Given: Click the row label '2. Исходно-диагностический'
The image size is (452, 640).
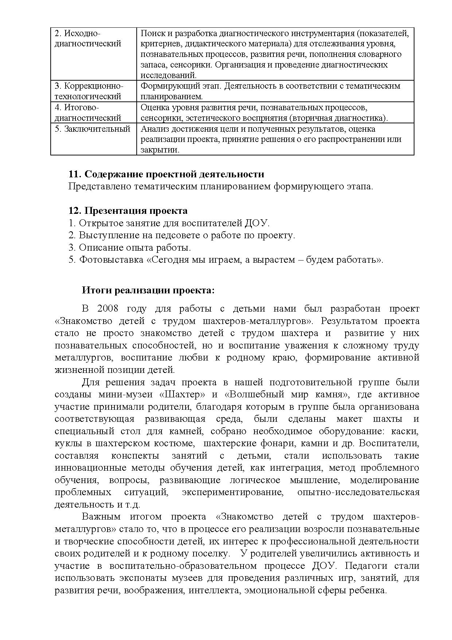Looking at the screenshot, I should pyautogui.click(x=87, y=39).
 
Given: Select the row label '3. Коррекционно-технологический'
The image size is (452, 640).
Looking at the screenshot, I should pyautogui.click(x=89, y=91).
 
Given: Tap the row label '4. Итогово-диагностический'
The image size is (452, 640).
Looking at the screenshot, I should pyautogui.click(x=87, y=112).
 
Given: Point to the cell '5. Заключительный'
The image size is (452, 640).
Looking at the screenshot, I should pyautogui.click(x=93, y=129).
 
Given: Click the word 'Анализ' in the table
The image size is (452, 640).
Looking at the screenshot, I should pyautogui.click(x=153, y=129).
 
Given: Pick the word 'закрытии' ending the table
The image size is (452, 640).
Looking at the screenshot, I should pyautogui.click(x=159, y=150).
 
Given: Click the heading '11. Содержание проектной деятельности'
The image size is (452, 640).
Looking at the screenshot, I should pyautogui.click(x=166, y=174).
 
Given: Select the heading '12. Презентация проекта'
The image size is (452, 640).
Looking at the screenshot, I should pyautogui.click(x=128, y=211).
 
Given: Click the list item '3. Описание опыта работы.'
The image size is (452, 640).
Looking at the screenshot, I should pyautogui.click(x=129, y=247).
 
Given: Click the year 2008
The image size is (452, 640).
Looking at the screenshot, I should pyautogui.click(x=108, y=309).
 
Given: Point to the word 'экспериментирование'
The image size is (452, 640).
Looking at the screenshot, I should pyautogui.click(x=233, y=492).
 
